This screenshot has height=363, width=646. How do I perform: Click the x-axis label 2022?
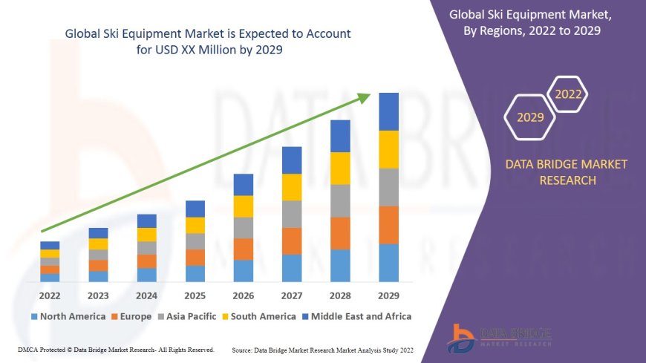coord(50,295)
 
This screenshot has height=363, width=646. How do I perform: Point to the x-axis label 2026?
coord(244,295)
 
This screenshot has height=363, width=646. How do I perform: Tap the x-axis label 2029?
coord(388,295)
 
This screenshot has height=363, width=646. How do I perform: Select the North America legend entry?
coord(68,316)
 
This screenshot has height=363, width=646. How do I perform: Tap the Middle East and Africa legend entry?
coord(358,316)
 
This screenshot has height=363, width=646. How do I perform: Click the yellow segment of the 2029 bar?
coord(388,149)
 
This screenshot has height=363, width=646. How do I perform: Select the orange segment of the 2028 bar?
coord(340,233)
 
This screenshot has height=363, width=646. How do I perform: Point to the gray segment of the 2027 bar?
coord(292,214)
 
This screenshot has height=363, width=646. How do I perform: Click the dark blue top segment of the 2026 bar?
coord(244,185)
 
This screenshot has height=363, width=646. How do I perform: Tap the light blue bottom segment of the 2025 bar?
coord(195,274)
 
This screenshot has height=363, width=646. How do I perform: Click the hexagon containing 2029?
coord(530,117)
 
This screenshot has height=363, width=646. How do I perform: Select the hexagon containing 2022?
coord(568,94)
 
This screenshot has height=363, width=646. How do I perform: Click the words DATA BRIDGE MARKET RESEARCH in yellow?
coord(566,172)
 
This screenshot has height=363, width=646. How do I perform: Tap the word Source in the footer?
coord(244,349)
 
